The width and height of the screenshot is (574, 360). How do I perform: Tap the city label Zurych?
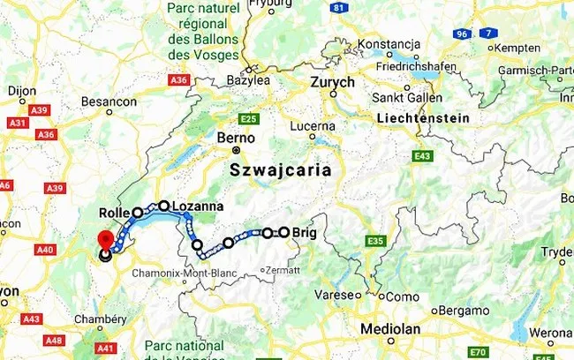(x=332, y=82)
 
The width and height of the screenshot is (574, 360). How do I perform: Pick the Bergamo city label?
(x=466, y=311)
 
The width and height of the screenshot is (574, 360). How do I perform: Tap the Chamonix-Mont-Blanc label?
(x=184, y=274)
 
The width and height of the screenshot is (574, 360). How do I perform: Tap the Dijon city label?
(x=22, y=90)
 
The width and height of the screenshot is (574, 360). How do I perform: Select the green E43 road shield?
(x=422, y=156)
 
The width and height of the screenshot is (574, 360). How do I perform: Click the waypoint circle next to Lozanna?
(x=163, y=206)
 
